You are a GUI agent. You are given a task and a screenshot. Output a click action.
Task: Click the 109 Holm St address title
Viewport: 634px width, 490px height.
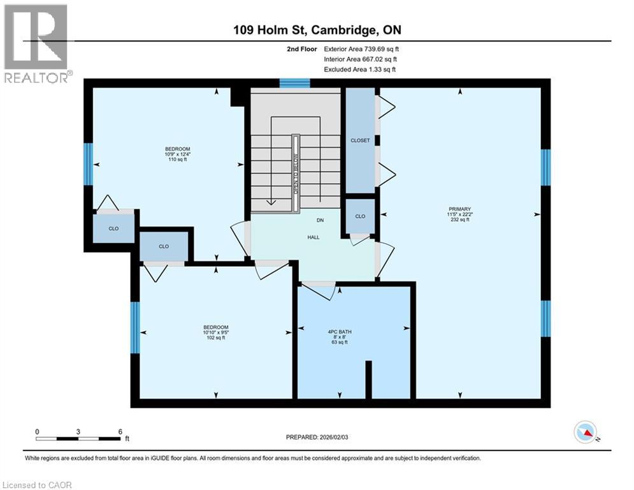317,30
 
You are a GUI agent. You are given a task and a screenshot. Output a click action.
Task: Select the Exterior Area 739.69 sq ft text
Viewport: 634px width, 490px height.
362,48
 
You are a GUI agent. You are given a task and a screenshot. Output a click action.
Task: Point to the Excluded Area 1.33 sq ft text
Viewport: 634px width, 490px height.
359,70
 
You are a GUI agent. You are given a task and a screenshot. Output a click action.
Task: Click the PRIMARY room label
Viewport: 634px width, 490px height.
459,209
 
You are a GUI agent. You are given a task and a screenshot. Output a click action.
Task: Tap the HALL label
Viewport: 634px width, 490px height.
313,237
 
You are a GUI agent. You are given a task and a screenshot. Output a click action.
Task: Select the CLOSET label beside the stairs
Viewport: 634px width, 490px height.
360,140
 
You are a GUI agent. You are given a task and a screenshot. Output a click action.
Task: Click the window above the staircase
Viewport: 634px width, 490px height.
294,82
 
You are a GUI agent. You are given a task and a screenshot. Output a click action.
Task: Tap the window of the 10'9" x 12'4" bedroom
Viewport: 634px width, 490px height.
88,163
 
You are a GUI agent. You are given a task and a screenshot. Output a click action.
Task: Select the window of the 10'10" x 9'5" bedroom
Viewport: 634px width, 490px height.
134,327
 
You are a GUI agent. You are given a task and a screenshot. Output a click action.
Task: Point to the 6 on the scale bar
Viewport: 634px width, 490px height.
120,431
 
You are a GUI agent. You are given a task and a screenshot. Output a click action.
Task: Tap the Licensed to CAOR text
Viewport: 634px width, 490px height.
38,485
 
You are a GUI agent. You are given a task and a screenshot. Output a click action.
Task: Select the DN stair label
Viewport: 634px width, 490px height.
321,221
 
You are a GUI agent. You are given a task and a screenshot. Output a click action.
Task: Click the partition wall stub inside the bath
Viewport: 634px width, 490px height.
368,380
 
